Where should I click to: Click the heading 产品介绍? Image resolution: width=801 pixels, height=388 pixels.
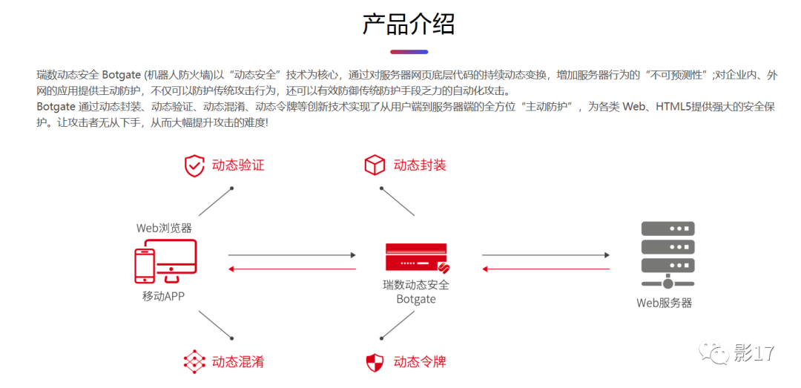409,24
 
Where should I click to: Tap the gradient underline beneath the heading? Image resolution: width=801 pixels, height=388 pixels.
409,52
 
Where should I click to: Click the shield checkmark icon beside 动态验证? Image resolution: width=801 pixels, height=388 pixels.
194,165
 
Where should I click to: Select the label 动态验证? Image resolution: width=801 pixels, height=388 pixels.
238,165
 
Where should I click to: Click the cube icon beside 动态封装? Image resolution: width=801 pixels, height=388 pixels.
375,165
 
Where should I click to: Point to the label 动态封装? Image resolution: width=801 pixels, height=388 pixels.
420,165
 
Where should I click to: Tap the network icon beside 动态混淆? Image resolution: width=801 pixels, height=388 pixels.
194,362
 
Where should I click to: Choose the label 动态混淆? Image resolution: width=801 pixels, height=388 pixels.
238,362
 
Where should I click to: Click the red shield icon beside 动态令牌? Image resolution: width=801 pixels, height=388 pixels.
375,362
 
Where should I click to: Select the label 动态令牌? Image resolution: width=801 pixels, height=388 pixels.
420,362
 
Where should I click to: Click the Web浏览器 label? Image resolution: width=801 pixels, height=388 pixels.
164,228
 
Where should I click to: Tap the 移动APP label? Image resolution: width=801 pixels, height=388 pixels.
164,297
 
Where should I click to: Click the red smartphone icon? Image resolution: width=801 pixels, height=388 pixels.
145,266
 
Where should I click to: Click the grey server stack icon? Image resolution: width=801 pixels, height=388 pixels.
667,252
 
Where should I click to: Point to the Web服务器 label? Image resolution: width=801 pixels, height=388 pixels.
665,303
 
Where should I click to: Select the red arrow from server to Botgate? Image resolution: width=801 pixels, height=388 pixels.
546,269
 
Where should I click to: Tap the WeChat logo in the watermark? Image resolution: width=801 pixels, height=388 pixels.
717,354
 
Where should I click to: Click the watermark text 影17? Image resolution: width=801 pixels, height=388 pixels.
754,354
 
